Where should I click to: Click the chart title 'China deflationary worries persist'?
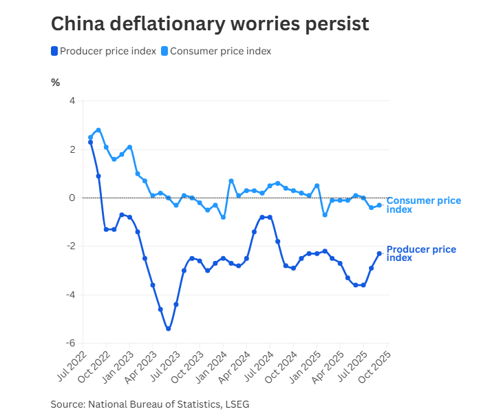click(210, 24)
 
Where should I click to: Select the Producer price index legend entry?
click(103, 51)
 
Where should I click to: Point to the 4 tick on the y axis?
click(72, 101)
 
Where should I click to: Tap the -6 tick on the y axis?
click(70, 343)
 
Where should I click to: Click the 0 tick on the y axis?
click(72, 198)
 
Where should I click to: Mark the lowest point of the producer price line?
click(168, 328)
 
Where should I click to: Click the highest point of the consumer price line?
click(98, 130)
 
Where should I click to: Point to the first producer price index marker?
click(90, 143)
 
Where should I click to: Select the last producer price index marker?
click(379, 253)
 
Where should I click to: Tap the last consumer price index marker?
click(379, 205)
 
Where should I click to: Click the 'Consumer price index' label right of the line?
click(423, 204)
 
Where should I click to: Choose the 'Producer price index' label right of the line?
click(421, 253)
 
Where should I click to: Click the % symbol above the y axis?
click(56, 83)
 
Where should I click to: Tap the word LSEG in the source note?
click(236, 404)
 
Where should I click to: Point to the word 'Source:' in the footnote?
click(67, 404)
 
